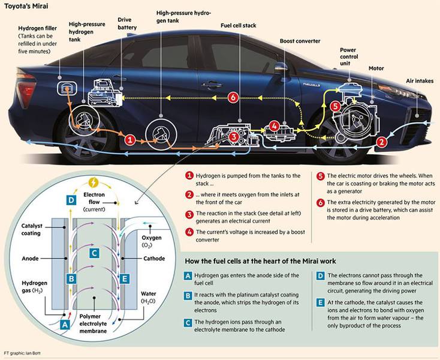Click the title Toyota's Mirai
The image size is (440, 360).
click(x=26, y=6)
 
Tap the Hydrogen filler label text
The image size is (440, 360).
click(x=37, y=28)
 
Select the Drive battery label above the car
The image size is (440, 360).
click(x=127, y=23)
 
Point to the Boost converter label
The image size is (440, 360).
click(x=300, y=41)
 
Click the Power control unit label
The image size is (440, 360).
click(x=349, y=56)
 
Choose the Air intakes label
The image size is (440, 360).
click(x=420, y=81)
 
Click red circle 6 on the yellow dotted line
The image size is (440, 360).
click(x=233, y=98)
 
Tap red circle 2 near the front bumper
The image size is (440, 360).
click(x=382, y=142)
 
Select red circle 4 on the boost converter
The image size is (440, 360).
click(x=274, y=127)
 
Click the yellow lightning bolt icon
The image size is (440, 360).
click(x=94, y=183)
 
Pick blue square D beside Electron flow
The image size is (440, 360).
click(x=71, y=200)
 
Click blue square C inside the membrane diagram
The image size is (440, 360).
click(x=94, y=253)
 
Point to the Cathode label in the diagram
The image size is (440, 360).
click(x=154, y=259)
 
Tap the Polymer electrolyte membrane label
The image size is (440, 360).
click(x=93, y=323)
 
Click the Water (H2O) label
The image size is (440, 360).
click(x=148, y=298)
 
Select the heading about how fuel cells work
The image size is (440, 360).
click(x=260, y=261)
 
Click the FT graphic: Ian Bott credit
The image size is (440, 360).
click(x=22, y=353)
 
